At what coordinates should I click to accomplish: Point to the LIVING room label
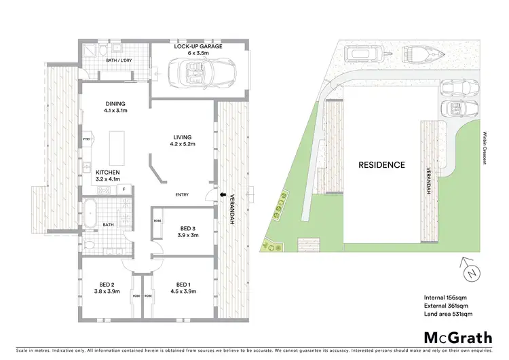point(181,138)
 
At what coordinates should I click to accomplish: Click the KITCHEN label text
point(107,173)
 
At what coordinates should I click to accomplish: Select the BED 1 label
point(181,285)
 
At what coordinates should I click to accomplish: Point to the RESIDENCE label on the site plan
point(381,165)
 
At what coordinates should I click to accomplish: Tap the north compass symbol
point(471,271)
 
